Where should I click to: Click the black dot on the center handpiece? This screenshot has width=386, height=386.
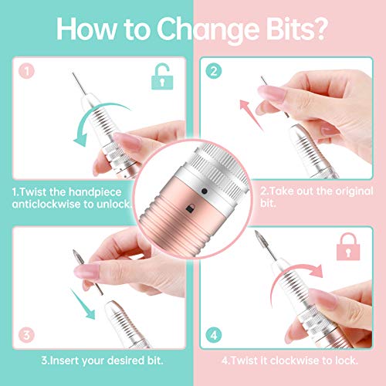[202, 190]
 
